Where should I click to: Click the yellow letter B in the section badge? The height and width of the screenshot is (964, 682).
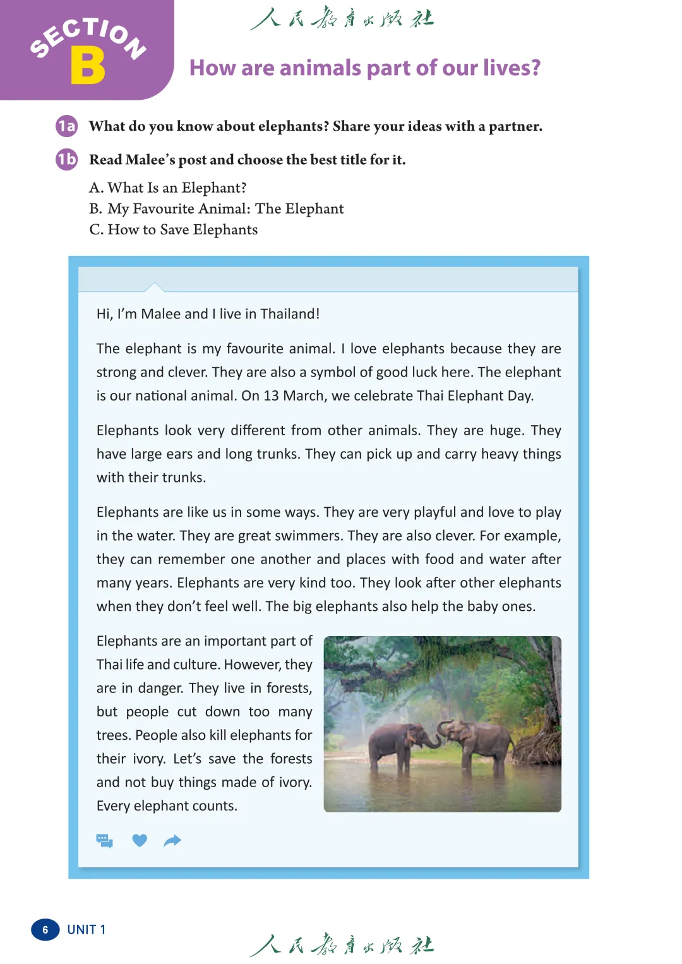coord(88,66)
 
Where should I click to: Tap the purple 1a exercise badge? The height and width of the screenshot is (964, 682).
coord(66,126)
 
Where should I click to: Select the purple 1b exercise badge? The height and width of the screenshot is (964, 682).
coord(66,159)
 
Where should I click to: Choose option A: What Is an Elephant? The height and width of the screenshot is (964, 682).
coord(168,188)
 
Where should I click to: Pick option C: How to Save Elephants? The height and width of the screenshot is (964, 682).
coord(174,229)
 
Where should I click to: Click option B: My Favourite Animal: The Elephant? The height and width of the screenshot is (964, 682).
coord(217,208)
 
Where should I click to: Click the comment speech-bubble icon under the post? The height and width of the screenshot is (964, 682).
coord(104,841)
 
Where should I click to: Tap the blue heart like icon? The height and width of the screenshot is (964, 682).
coord(140,841)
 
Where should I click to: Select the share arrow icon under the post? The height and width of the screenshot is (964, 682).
coord(172,841)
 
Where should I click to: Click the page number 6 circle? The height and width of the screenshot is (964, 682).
coord(45,930)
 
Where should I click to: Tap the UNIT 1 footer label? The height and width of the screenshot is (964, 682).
coord(87,930)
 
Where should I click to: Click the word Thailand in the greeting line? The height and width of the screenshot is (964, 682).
coord(290,314)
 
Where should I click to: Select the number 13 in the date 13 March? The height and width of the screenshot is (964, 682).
coord(271,396)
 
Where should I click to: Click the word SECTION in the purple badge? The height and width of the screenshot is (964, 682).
coord(88,36)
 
